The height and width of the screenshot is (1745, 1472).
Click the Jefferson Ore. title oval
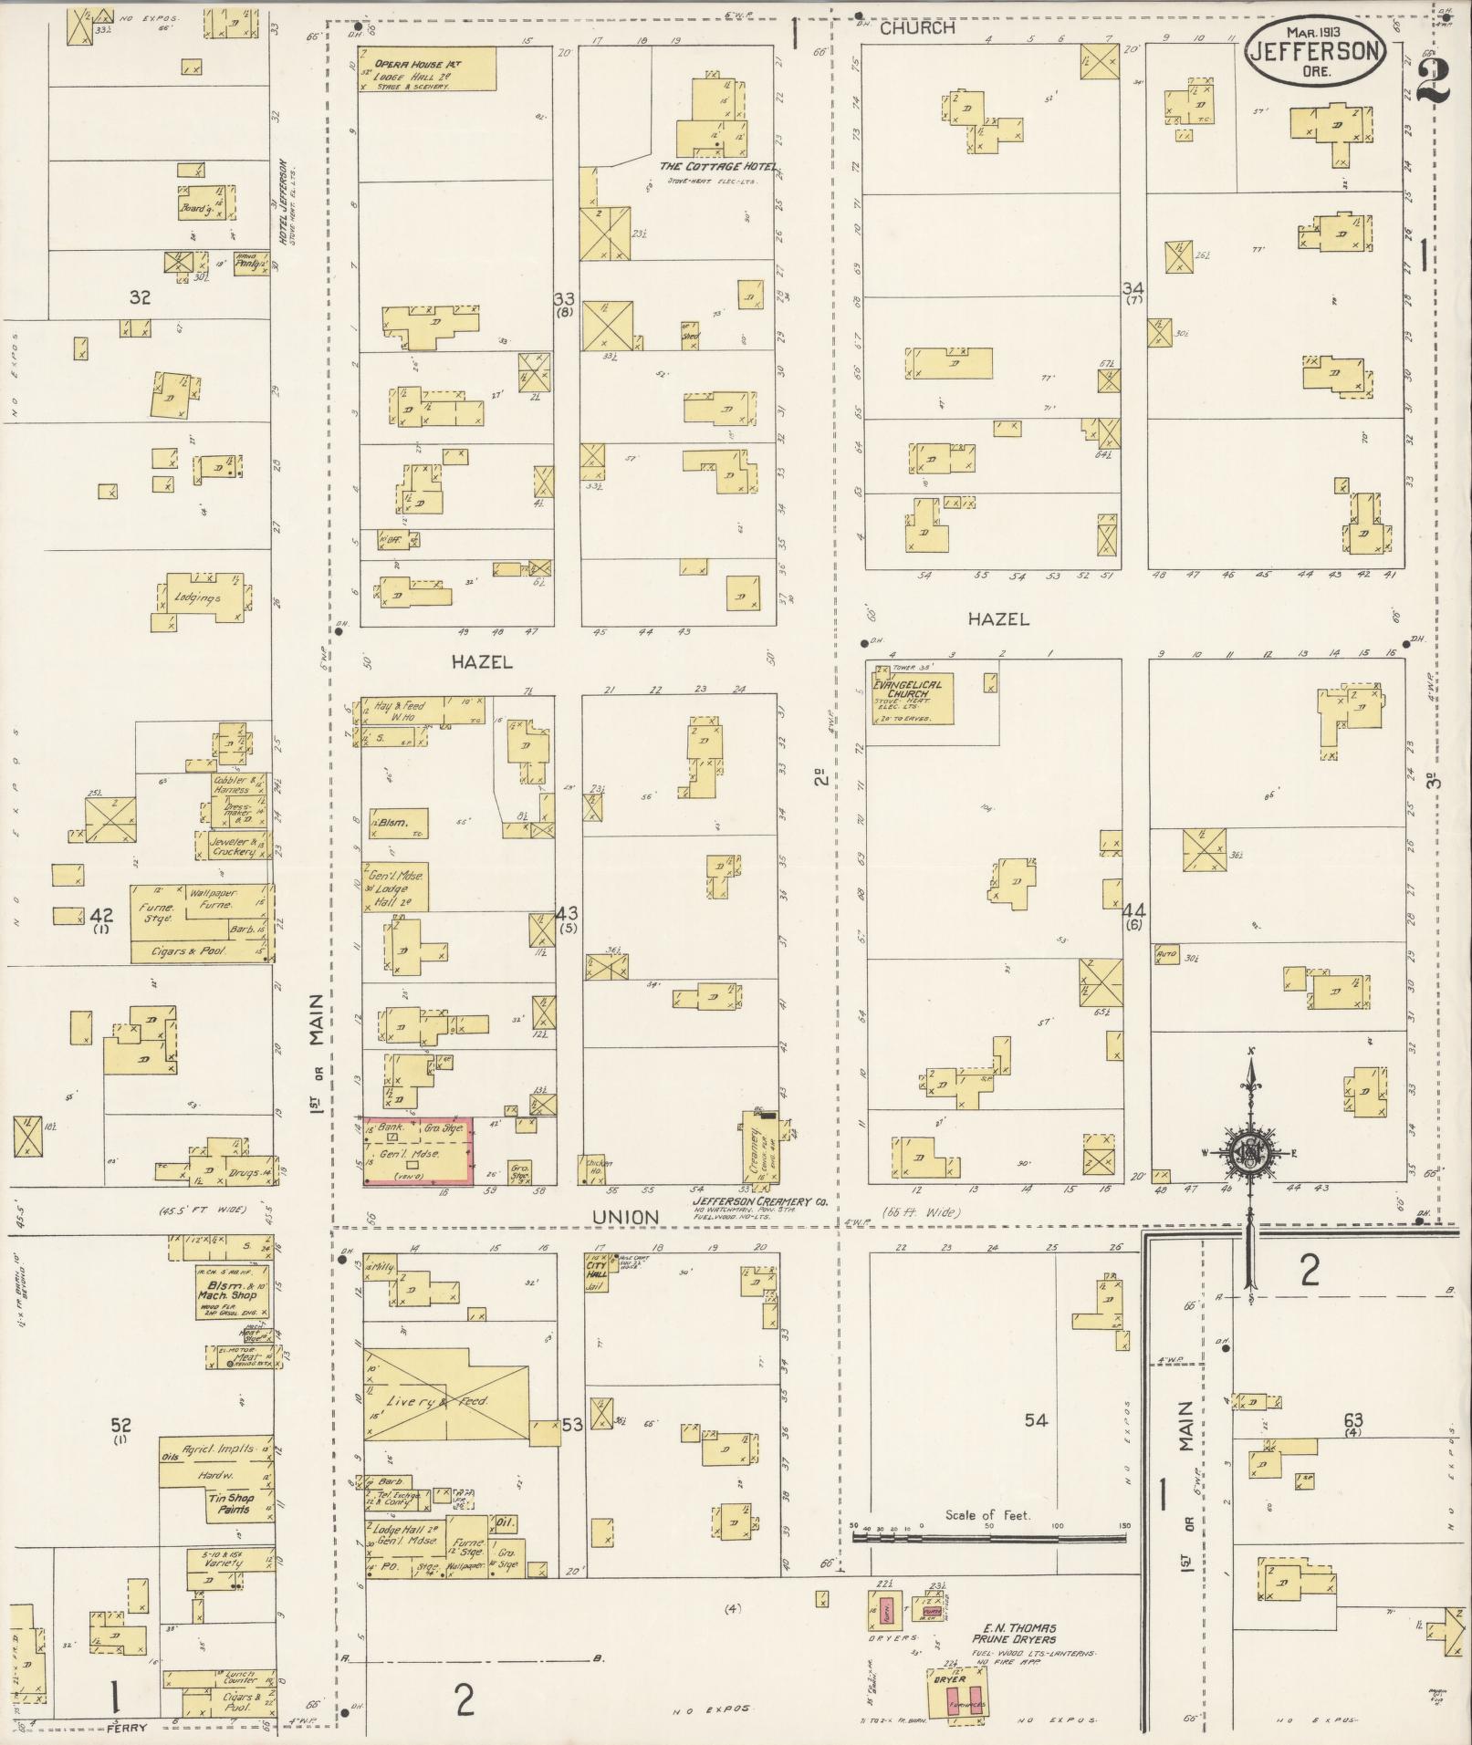(1315, 52)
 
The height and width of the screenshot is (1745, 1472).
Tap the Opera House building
(427, 69)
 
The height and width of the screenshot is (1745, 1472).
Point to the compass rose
(1248, 1153)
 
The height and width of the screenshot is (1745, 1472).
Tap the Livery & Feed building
(447, 1399)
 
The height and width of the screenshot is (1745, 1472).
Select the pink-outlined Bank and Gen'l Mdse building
(418, 1151)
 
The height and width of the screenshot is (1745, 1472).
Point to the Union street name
(625, 1217)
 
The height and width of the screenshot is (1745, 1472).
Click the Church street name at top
(917, 28)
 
